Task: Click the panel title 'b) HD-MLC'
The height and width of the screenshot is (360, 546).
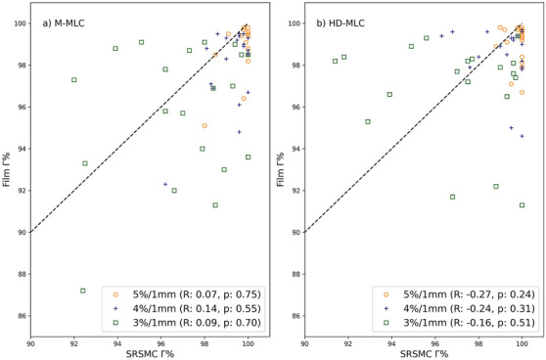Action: tap(341, 20)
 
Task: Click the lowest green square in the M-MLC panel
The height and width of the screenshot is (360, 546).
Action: tap(83, 291)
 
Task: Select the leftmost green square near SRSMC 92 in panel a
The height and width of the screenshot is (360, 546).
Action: tap(74, 79)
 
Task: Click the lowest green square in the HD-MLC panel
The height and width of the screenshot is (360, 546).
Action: tap(522, 204)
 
